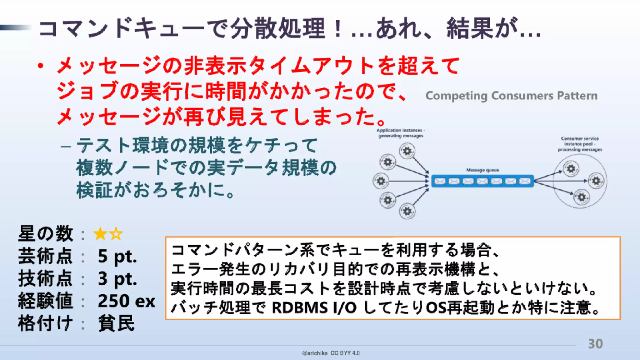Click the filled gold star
click(100, 234)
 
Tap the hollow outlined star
click(116, 234)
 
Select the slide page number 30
click(595, 344)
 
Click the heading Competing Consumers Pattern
click(511, 96)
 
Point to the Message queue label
click(482, 170)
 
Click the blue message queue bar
click(482, 181)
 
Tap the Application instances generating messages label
click(401, 133)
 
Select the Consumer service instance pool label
click(580, 144)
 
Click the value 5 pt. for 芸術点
click(117, 256)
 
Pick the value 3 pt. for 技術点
click(117, 278)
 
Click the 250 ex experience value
click(126, 301)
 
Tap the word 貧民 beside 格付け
click(116, 323)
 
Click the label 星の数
click(46, 234)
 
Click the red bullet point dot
click(40, 66)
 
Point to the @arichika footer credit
click(315, 353)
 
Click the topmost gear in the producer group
click(407, 151)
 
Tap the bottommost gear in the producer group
click(407, 212)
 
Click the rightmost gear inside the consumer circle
click(596, 181)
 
